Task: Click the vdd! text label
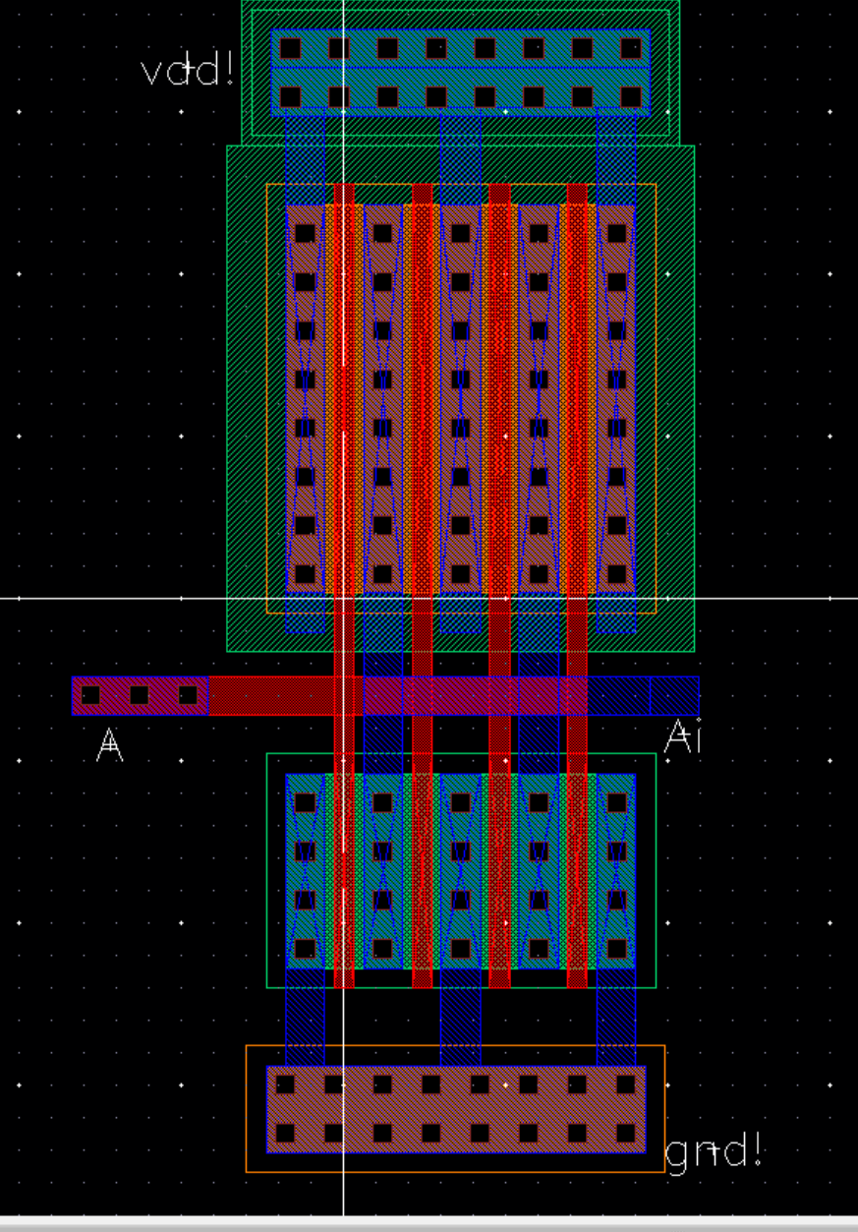coord(188,71)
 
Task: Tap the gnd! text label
coord(714,1150)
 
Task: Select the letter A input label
coord(110,744)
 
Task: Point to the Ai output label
coord(683,736)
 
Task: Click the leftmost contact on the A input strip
coord(90,695)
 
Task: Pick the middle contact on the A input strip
coord(139,695)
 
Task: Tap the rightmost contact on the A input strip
coord(188,695)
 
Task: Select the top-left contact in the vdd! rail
coord(290,47)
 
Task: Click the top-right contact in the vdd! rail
coord(631,47)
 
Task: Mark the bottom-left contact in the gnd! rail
coord(285,1133)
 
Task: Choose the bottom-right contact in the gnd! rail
coord(626,1133)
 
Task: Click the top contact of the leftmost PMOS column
coord(305,233)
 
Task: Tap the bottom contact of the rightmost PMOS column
coord(616,573)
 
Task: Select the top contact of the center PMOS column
coord(461,233)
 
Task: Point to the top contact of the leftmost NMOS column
coord(305,802)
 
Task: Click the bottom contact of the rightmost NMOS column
coord(616,948)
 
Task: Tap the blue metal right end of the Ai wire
coord(673,695)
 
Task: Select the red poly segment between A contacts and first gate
coord(270,695)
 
